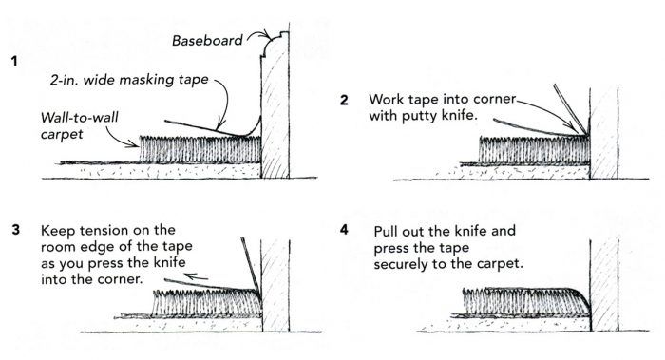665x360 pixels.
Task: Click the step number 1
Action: (14, 62)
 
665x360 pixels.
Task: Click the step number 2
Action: (344, 100)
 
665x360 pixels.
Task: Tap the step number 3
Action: (16, 230)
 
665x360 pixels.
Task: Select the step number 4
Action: (344, 230)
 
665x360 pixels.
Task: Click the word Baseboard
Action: (207, 41)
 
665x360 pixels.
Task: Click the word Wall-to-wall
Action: (79, 118)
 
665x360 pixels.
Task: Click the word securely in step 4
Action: (401, 264)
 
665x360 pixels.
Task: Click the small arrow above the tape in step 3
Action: (197, 277)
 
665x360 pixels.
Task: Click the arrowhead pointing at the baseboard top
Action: (267, 35)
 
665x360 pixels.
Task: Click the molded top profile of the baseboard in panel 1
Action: (275, 44)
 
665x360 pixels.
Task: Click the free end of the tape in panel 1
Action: (165, 122)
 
